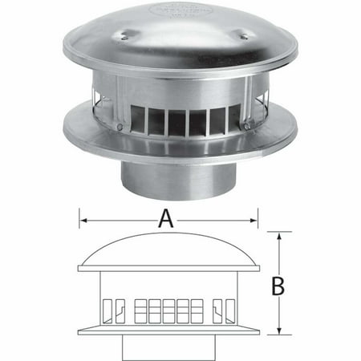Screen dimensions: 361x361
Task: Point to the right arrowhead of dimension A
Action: coord(255,216)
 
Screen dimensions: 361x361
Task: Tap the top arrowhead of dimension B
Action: coord(278,236)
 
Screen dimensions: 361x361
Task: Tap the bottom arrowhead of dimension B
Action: coord(278,331)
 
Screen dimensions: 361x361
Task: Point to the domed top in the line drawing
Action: coord(168,249)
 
